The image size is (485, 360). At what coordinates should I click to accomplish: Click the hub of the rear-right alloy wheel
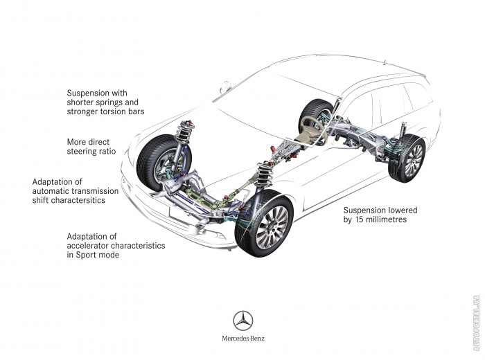[x=414, y=161]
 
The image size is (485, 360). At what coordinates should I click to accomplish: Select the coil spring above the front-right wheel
[x=265, y=173]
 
